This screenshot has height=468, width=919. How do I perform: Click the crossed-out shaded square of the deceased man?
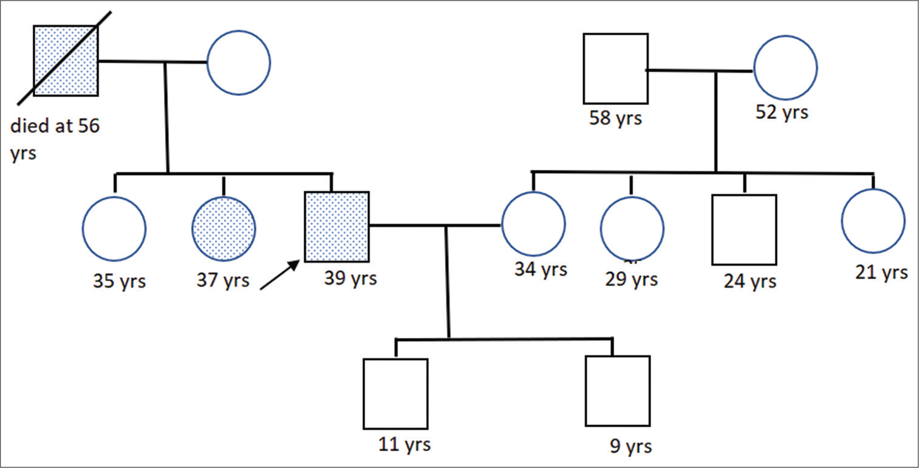coord(66,61)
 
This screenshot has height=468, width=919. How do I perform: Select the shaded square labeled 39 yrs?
coord(337,227)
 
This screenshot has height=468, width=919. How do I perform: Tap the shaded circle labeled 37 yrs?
coord(224,228)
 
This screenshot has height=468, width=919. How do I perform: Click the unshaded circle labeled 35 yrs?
coord(114,228)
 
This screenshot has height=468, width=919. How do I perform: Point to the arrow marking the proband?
coord(280,275)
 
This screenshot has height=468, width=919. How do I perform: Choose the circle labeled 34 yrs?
coord(533,223)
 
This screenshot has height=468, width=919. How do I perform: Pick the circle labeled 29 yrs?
coord(632,228)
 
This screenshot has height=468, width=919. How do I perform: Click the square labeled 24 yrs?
coord(744,229)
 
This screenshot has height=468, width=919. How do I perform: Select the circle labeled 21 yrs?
coord(873,221)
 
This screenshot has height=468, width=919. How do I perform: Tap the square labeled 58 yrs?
coord(616,69)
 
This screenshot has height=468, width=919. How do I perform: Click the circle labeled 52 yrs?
coord(785,67)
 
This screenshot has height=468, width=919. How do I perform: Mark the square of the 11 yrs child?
coord(395,394)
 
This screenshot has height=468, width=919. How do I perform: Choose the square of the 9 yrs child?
coord(618,391)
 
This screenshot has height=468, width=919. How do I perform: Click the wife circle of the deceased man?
coord(239,63)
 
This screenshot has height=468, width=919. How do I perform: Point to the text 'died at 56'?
coord(55,126)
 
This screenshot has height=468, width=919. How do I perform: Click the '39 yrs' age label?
coord(350,278)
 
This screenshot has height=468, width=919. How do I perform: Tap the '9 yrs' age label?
coord(630,446)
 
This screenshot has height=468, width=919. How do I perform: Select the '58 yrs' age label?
coord(615,118)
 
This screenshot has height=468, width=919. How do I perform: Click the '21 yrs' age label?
coord(881,272)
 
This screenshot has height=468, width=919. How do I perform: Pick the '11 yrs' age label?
coord(405,444)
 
